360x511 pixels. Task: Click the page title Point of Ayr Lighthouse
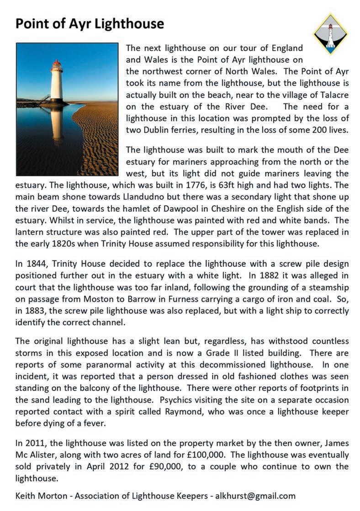[90, 23]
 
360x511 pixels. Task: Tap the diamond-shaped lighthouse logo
[331, 33]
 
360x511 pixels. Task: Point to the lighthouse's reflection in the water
[57, 126]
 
